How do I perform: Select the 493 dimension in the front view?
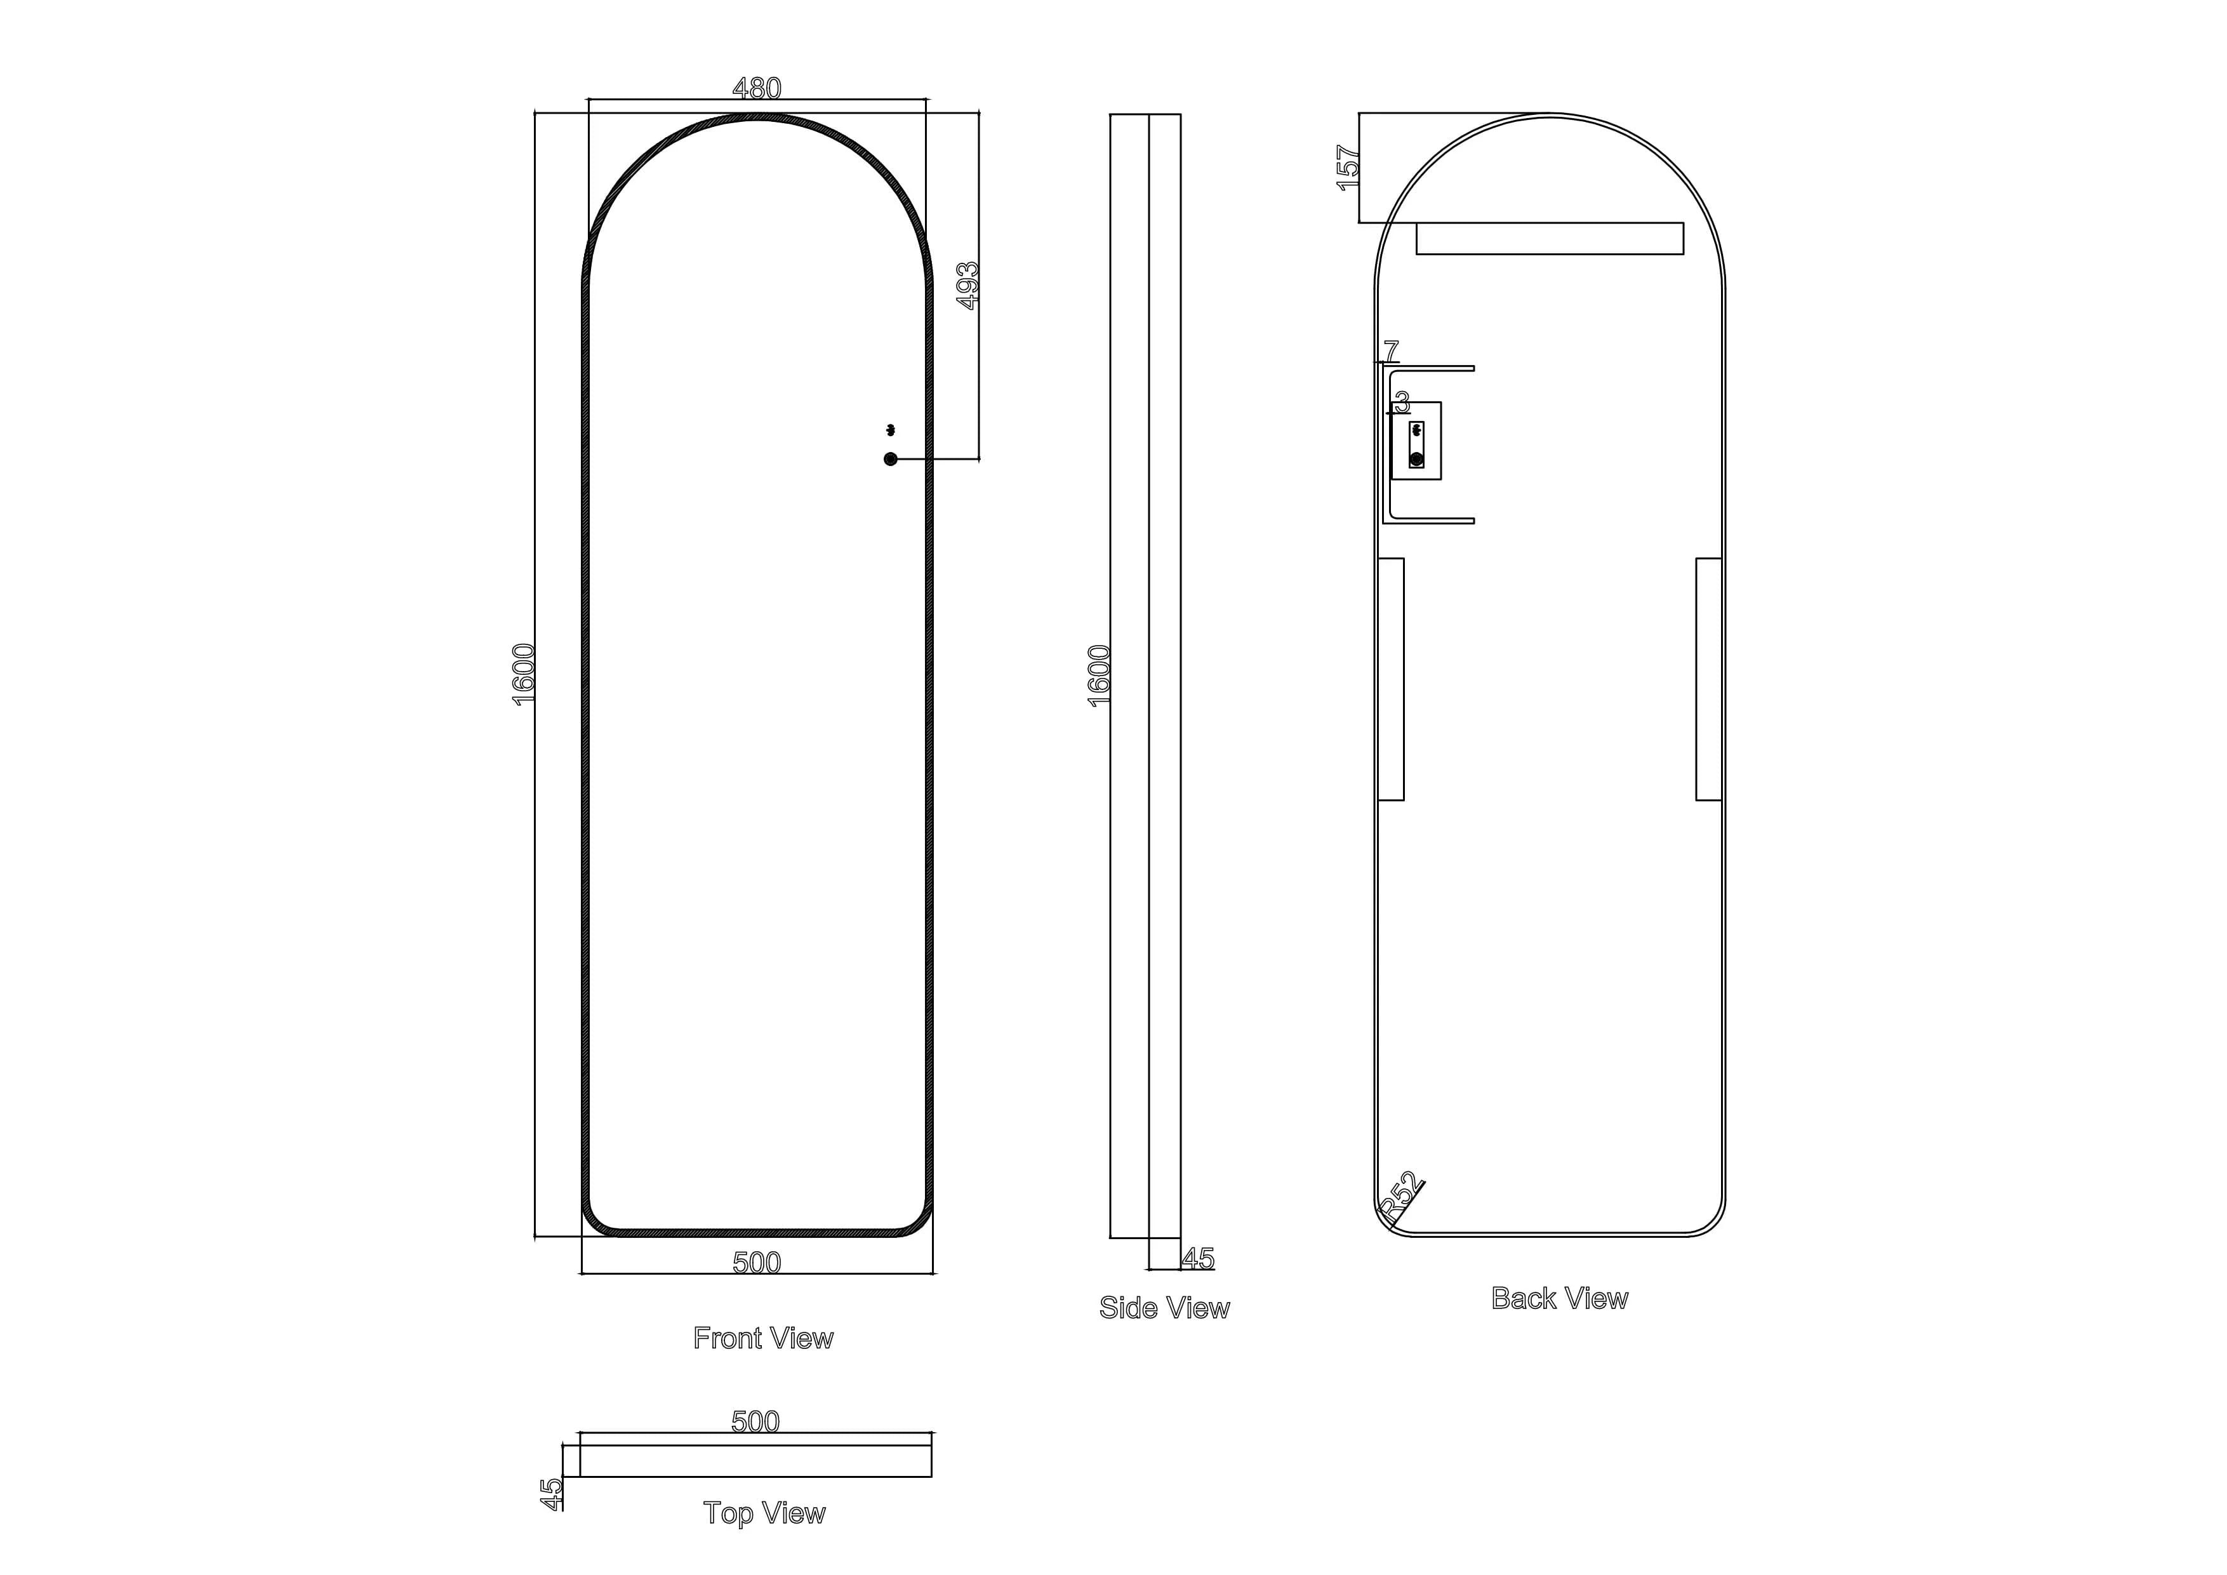[968, 285]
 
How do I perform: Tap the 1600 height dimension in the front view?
[524, 674]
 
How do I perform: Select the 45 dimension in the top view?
[551, 1494]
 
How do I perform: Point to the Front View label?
[763, 1338]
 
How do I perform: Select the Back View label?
[1559, 1299]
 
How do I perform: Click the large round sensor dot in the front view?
[891, 459]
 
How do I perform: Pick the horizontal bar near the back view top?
[1549, 239]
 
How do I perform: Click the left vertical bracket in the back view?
[1391, 679]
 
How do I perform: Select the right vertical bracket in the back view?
[1708, 679]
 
